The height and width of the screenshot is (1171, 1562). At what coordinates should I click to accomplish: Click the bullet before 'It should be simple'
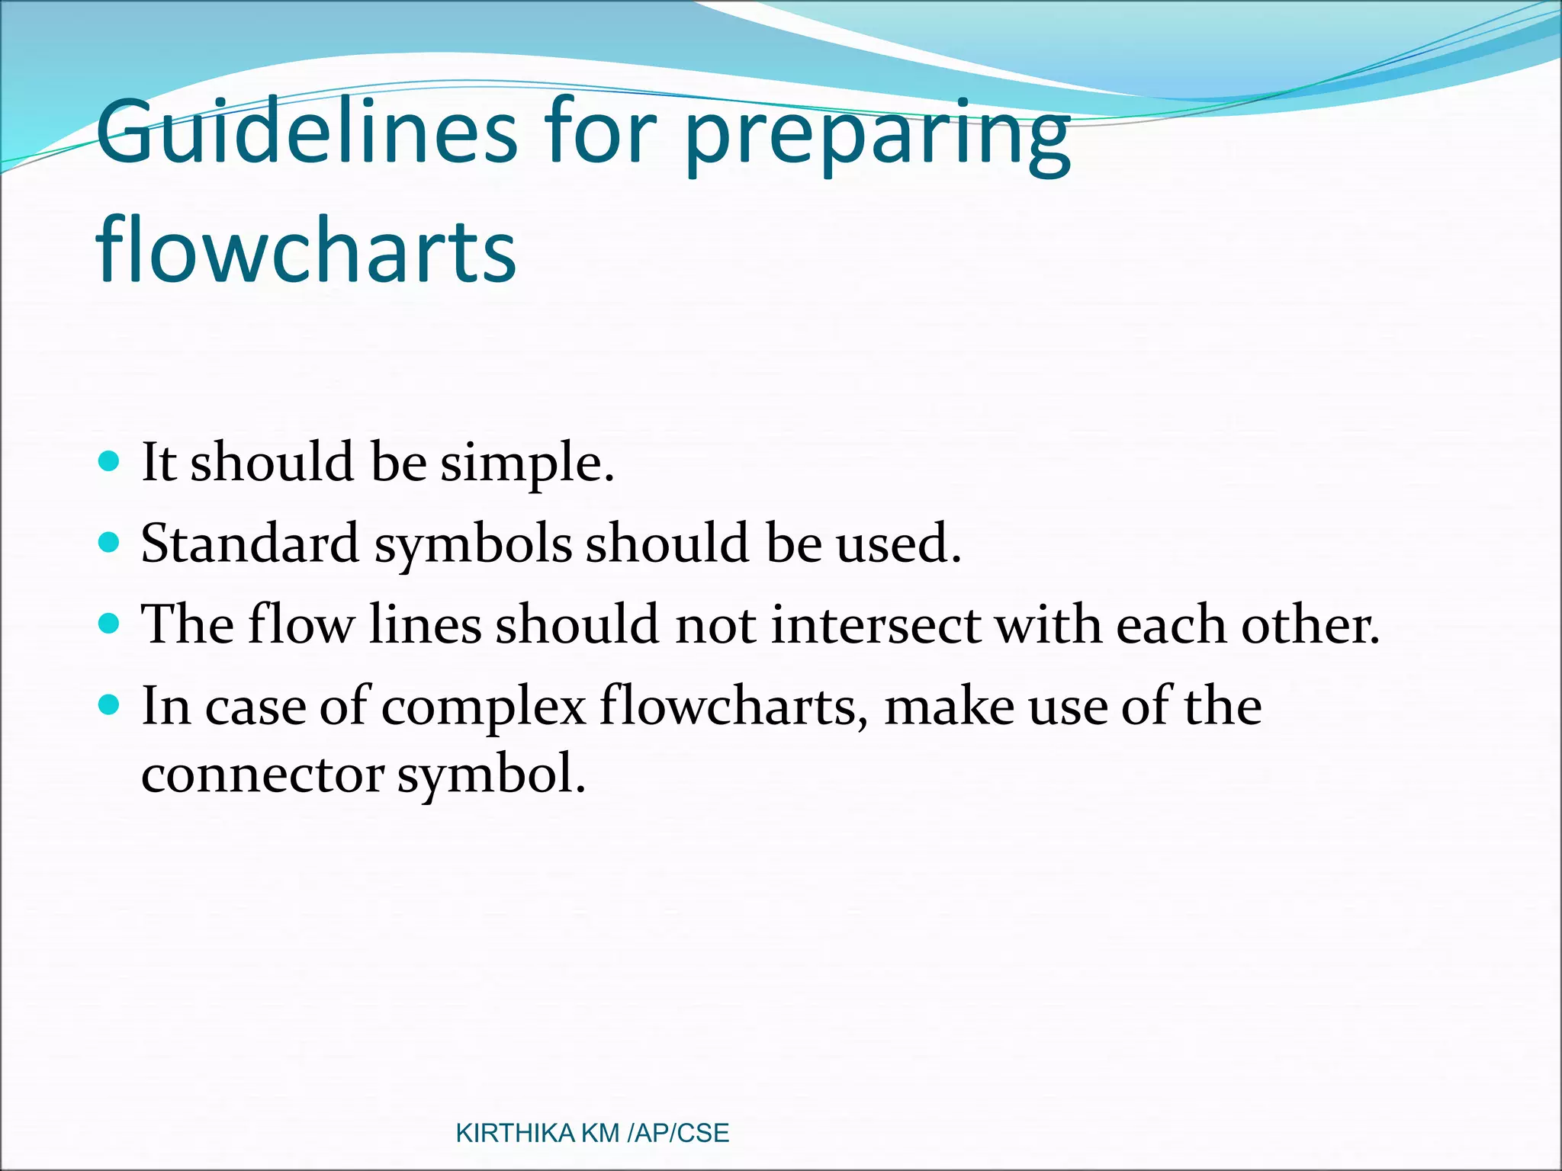click(110, 461)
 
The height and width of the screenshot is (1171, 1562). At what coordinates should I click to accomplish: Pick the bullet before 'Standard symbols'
click(110, 543)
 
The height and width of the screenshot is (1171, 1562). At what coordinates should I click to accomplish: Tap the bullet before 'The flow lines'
click(110, 624)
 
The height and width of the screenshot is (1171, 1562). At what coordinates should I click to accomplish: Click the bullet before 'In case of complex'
click(110, 705)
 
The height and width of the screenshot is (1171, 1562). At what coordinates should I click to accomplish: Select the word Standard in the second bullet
click(249, 544)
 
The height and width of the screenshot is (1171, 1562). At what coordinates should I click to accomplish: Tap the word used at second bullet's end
click(897, 544)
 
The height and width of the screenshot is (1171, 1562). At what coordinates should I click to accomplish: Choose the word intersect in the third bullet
click(875, 625)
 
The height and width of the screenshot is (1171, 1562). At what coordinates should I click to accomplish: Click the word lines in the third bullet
click(425, 625)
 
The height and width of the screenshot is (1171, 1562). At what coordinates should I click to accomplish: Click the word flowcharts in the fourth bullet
click(733, 707)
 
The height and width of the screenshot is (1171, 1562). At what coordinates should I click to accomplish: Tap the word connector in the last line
click(262, 776)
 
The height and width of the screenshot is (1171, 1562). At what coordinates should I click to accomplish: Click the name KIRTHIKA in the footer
click(515, 1133)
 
